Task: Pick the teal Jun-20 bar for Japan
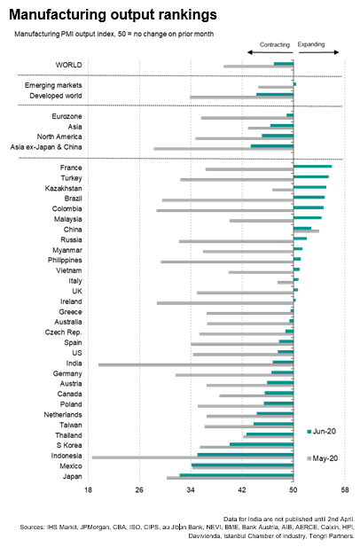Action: [236, 475]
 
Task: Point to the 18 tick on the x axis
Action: [88, 489]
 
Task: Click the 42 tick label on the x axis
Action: [242, 489]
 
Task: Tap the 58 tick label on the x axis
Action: [344, 489]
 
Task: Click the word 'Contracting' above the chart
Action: [274, 43]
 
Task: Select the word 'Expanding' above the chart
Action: [312, 43]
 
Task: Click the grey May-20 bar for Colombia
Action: [224, 211]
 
